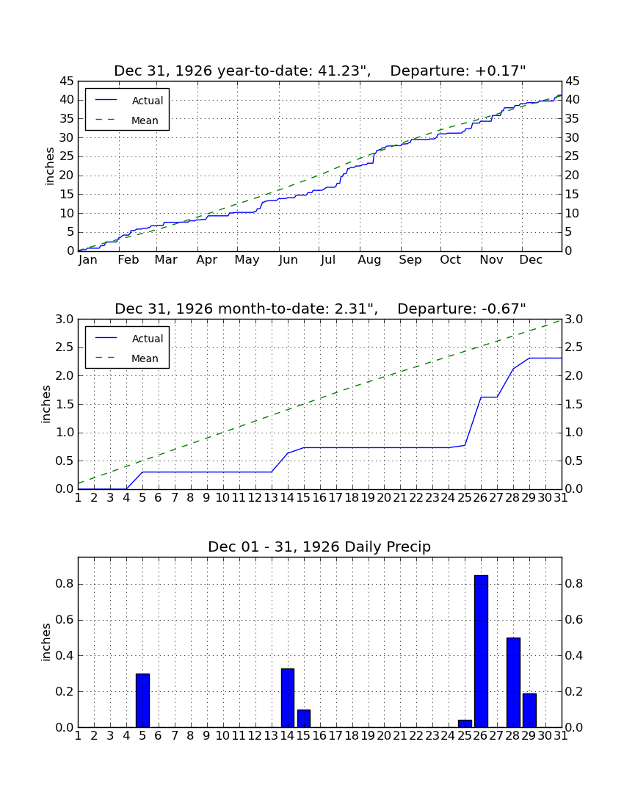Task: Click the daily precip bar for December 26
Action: click(x=481, y=652)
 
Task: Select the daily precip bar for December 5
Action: click(x=142, y=700)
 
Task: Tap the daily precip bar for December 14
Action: click(x=288, y=698)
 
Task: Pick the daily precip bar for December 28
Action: click(x=513, y=682)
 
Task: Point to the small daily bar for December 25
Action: click(x=465, y=724)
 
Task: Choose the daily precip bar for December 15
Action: click(x=304, y=718)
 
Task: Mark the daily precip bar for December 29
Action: click(x=529, y=710)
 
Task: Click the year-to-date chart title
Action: click(x=320, y=71)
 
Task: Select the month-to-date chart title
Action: click(x=320, y=309)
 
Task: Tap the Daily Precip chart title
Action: click(x=319, y=547)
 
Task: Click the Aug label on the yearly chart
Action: click(x=369, y=260)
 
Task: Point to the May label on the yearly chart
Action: click(x=247, y=260)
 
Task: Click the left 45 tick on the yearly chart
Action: click(x=67, y=82)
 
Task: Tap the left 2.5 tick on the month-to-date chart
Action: click(x=65, y=347)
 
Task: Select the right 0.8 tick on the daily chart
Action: click(x=574, y=584)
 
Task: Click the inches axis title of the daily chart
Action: click(x=46, y=642)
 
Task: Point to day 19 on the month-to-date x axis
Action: click(x=368, y=498)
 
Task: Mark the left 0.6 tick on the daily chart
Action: click(x=65, y=620)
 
